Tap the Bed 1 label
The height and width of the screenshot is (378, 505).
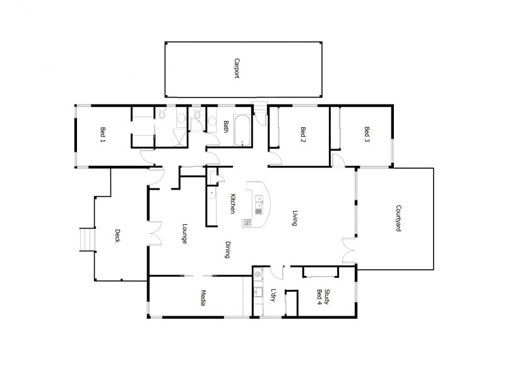pyautogui.click(x=102, y=134)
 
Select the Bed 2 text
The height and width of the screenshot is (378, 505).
pyautogui.click(x=303, y=134)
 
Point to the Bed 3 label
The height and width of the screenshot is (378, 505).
pyautogui.click(x=367, y=134)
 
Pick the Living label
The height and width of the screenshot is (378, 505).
pyautogui.click(x=295, y=218)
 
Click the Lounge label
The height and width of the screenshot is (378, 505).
pyautogui.click(x=184, y=233)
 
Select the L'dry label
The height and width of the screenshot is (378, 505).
pyautogui.click(x=273, y=295)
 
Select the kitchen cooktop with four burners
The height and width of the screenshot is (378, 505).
pyautogui.click(x=247, y=223)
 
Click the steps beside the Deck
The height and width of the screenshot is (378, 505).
pyautogui.click(x=85, y=239)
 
